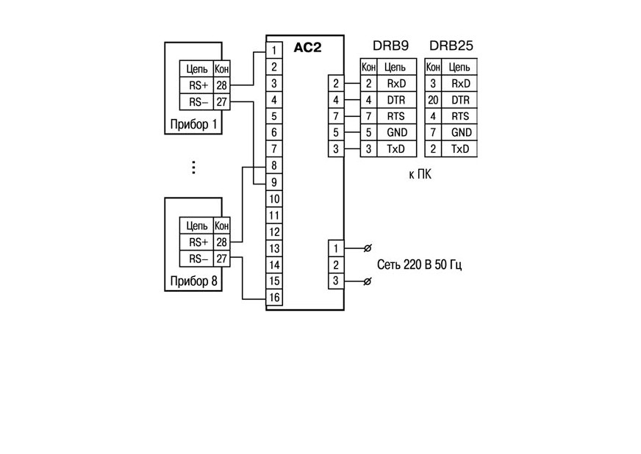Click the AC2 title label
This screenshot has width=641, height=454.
click(307, 48)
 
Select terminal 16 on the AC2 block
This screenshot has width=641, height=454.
click(274, 298)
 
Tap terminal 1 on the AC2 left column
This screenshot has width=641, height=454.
click(274, 51)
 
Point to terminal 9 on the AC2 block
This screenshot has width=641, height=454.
click(274, 182)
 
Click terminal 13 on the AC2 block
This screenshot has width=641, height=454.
click(274, 248)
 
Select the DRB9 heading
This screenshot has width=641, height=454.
click(390, 46)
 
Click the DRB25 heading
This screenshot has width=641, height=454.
click(451, 46)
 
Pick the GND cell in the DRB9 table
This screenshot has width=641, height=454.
click(396, 132)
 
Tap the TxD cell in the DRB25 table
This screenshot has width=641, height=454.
click(460, 148)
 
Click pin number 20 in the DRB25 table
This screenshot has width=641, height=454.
click(433, 100)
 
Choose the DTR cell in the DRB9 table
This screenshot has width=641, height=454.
click(396, 100)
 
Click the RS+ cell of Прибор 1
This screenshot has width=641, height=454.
click(198, 85)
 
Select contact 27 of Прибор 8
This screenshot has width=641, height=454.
click(221, 259)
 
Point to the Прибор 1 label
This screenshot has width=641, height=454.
click(193, 124)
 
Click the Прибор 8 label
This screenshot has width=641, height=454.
click(193, 281)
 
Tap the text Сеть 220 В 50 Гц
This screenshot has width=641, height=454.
click(420, 264)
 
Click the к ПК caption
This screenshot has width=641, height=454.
click(420, 175)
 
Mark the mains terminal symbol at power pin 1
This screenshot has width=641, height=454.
click(367, 248)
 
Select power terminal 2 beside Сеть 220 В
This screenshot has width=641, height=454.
click(336, 264)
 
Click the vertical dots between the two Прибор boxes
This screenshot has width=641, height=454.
click(193, 167)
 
